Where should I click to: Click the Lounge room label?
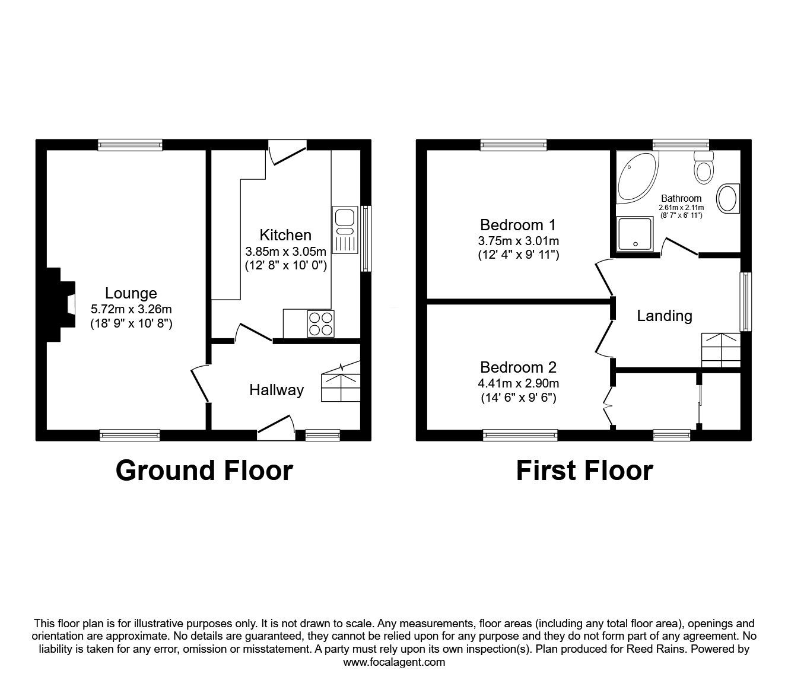(x=131, y=293)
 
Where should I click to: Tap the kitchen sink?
(x=345, y=230)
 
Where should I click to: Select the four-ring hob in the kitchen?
(x=320, y=324)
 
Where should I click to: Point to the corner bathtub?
(x=637, y=177)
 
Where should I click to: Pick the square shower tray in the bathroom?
(x=635, y=234)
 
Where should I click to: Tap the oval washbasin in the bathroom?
(x=728, y=198)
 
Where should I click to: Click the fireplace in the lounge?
(x=61, y=304)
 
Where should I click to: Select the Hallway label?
(x=277, y=390)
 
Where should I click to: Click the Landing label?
(x=665, y=316)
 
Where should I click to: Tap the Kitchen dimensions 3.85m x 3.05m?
(x=285, y=252)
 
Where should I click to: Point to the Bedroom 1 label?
(x=518, y=225)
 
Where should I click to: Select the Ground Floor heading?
(x=204, y=471)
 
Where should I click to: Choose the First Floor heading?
(x=584, y=471)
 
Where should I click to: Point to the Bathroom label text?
(x=681, y=198)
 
